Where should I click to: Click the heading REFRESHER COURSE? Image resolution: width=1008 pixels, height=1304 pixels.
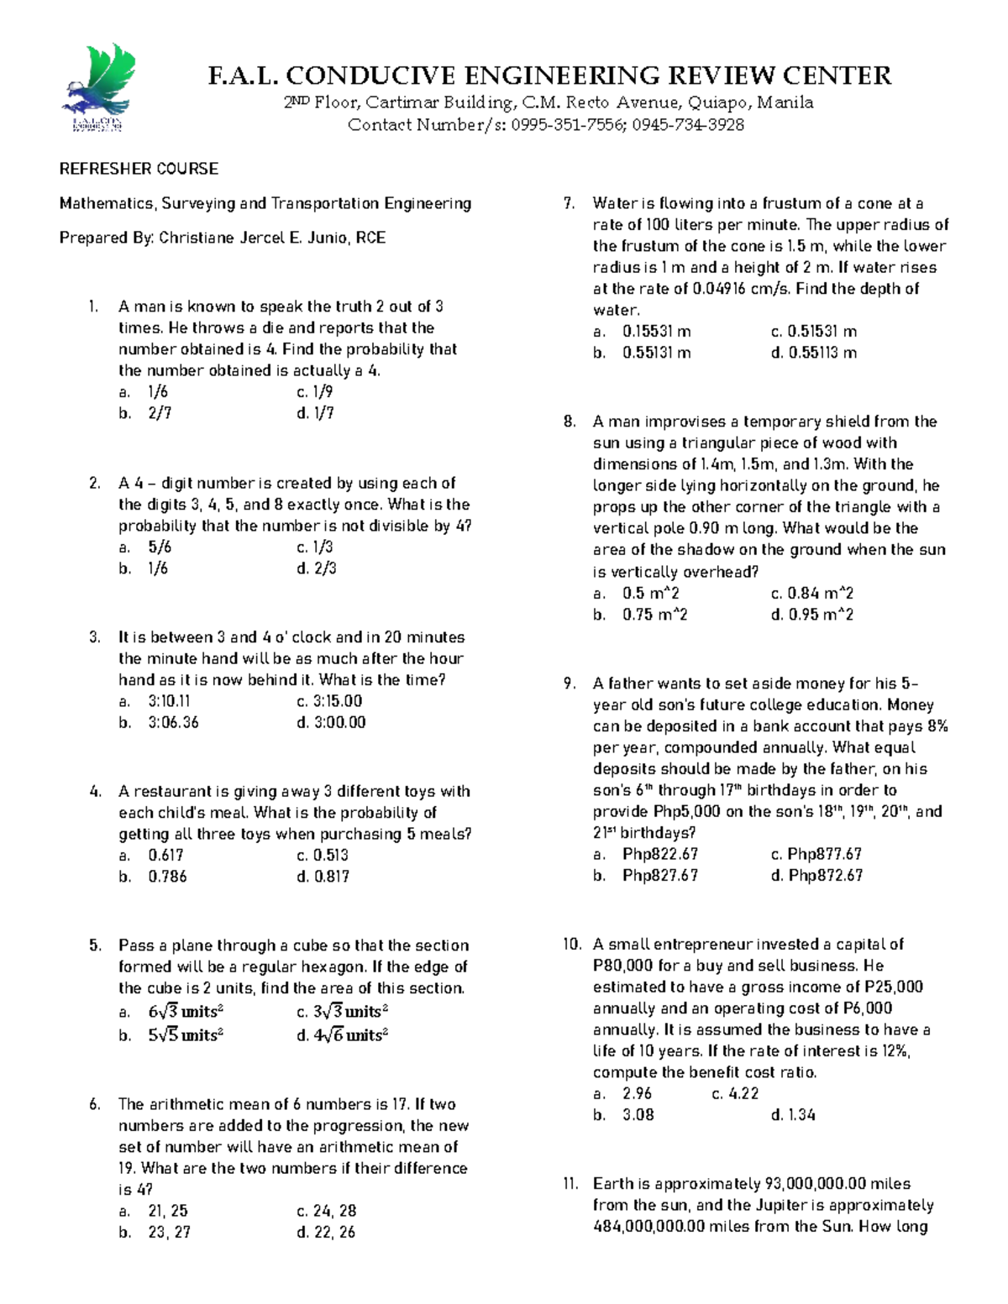coord(139,169)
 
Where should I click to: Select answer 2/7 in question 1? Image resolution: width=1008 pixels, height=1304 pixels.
coord(160,413)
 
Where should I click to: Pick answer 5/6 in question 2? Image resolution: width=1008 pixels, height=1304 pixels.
coord(160,547)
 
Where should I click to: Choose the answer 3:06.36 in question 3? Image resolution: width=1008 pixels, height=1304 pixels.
coord(173,722)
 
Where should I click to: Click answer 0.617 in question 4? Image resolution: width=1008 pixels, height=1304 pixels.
coord(165,855)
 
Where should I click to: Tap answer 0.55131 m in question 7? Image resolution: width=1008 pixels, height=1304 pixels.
coord(656,353)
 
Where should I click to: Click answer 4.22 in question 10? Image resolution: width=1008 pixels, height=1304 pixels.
coord(743,1093)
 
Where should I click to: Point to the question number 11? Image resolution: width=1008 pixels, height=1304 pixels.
coord(571,1184)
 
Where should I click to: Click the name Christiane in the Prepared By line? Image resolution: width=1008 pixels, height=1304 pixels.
coord(198,238)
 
